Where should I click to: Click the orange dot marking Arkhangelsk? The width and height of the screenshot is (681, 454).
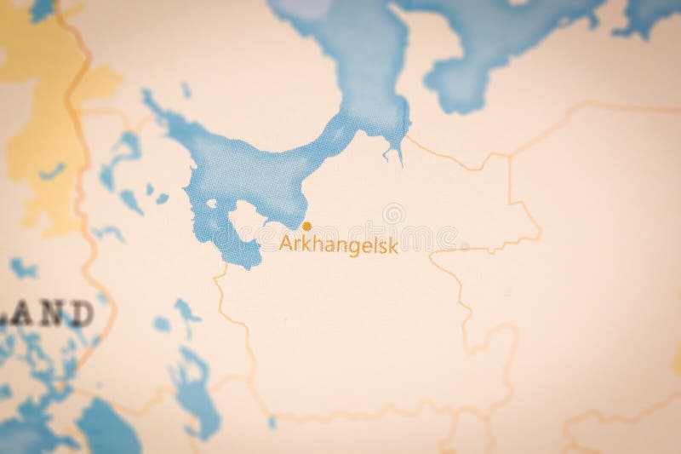(306, 226)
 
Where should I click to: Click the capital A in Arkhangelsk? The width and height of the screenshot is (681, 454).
(285, 244)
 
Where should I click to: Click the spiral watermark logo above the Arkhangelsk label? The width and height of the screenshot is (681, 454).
(393, 214)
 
